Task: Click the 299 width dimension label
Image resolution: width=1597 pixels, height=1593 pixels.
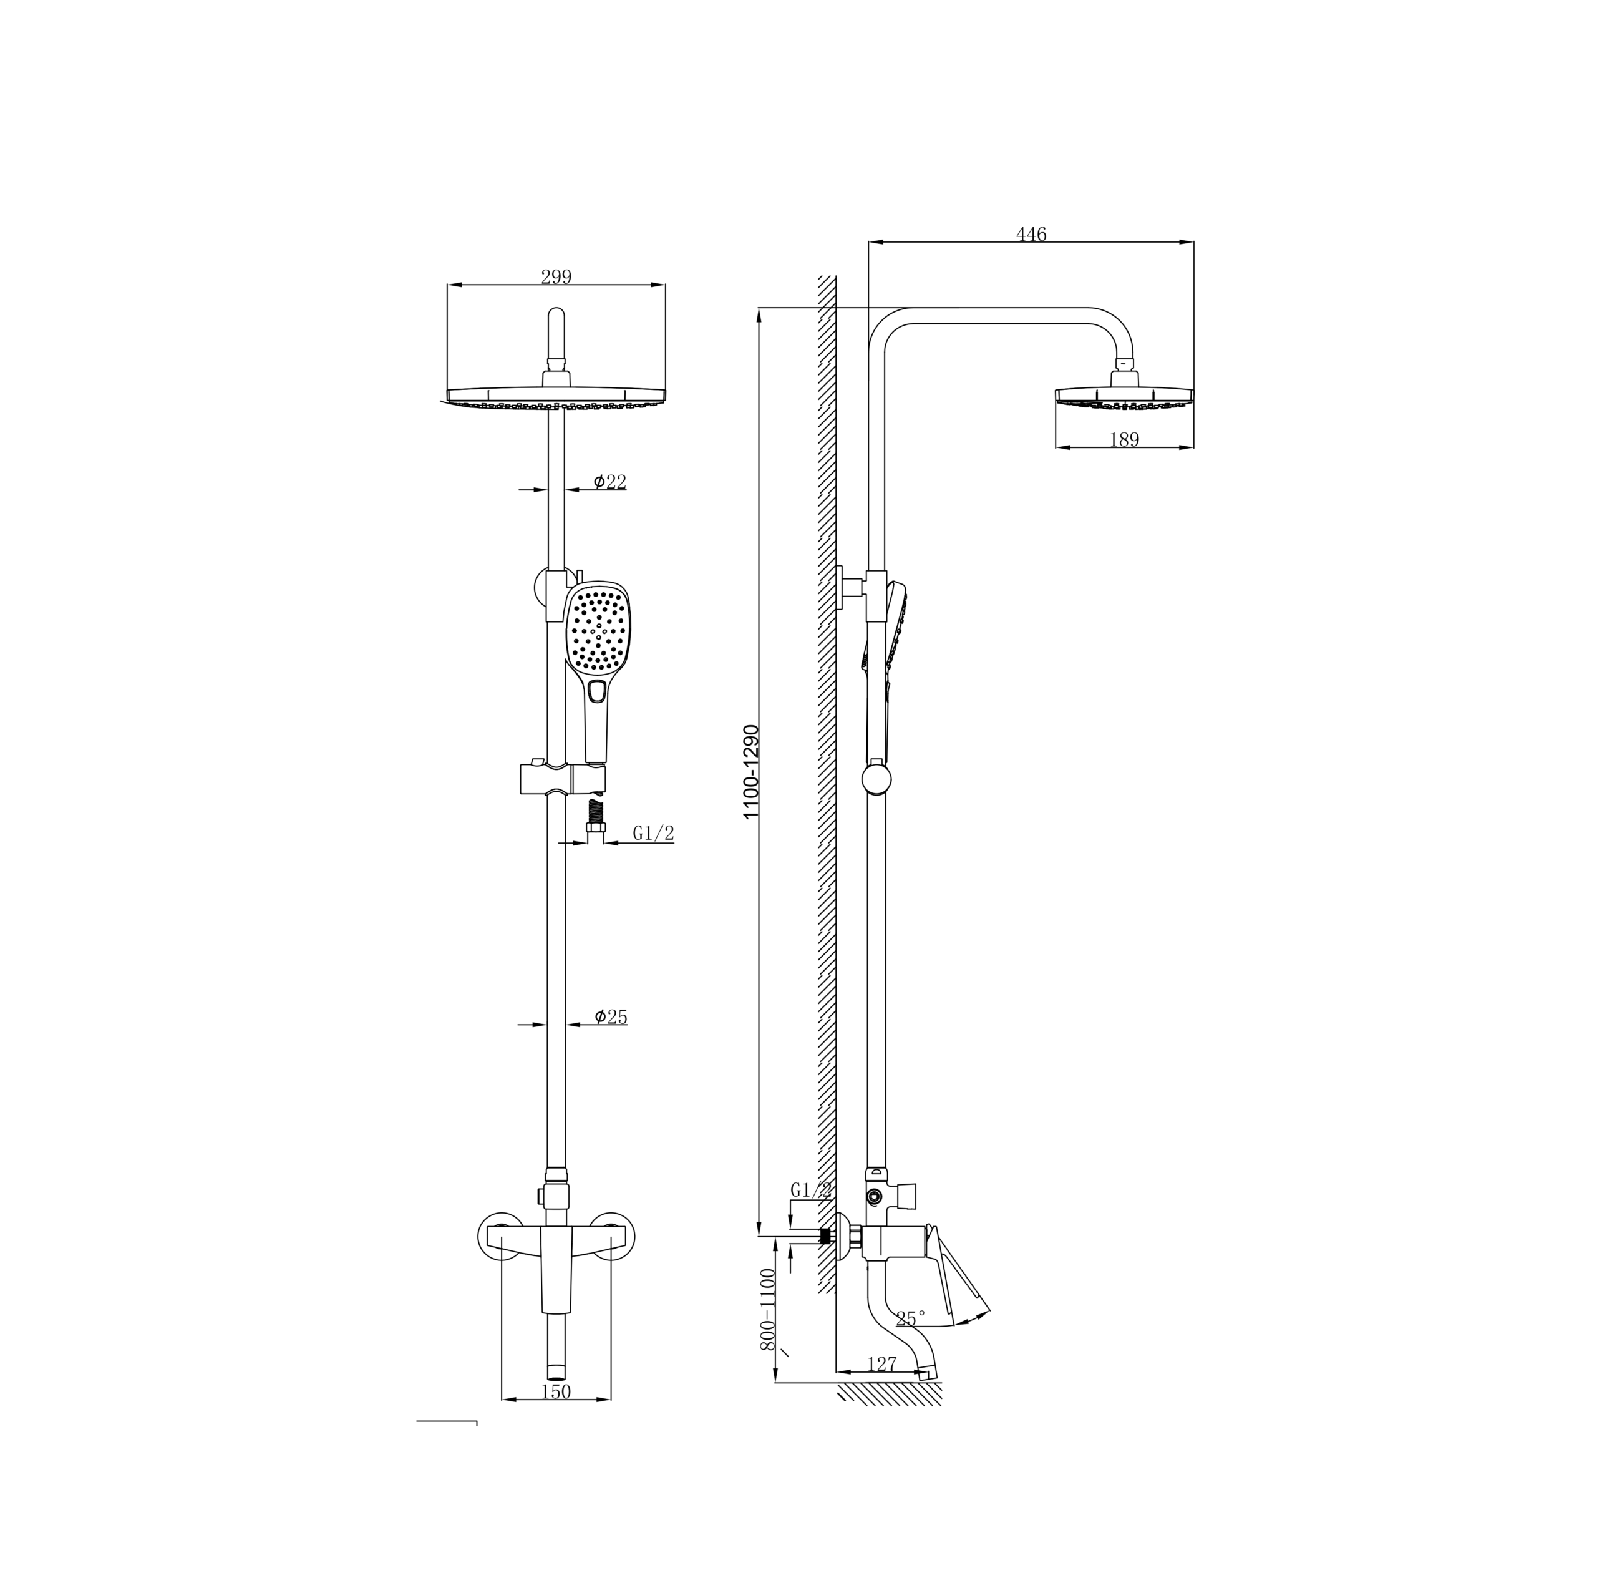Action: coord(556,277)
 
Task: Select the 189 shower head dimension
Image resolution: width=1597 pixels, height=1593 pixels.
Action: coord(1124,440)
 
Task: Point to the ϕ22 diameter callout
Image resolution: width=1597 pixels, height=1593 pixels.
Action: coord(610,482)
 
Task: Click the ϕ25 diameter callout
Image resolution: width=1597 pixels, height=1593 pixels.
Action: coord(611,1017)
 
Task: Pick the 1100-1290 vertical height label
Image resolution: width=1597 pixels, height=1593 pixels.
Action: coord(751,772)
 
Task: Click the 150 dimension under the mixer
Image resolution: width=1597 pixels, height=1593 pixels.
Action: coord(556,1392)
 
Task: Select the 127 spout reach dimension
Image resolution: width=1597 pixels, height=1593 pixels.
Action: coord(883,1364)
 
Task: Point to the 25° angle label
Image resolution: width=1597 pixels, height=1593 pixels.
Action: coord(911,1318)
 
